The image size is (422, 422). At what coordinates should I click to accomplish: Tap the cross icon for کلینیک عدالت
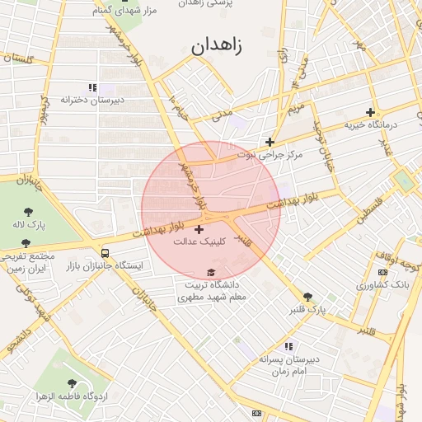tap(199, 228)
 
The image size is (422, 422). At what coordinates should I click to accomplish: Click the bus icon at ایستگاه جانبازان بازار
tap(105, 252)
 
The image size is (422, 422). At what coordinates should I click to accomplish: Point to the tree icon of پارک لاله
tap(29, 212)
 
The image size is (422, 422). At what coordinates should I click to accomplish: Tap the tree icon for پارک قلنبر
tap(308, 297)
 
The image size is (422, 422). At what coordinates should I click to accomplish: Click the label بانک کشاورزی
tap(383, 284)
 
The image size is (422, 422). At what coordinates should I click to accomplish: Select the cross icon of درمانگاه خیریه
tap(370, 112)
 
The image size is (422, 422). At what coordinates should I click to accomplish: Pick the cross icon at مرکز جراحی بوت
tap(270, 142)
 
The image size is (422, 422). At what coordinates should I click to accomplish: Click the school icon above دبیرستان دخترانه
tap(91, 87)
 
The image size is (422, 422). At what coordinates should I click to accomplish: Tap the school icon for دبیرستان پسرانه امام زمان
tap(288, 347)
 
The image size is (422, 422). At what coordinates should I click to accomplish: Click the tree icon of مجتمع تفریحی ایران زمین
tap(26, 243)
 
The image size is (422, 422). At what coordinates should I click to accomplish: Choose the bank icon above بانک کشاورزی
tap(382, 272)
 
